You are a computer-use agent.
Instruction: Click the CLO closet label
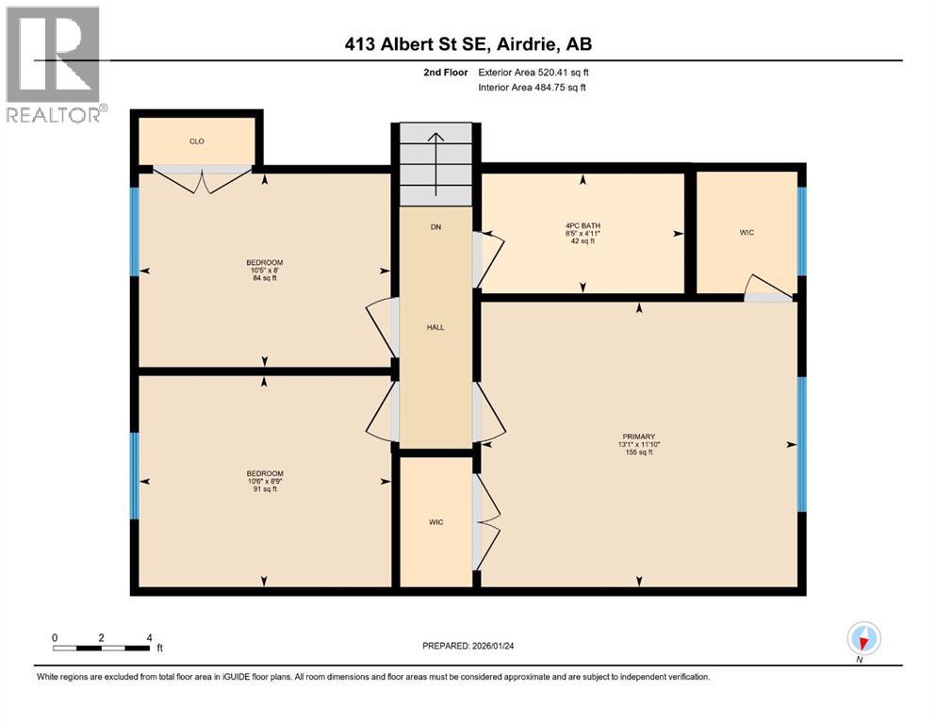[x=196, y=141]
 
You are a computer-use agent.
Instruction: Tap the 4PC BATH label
[x=583, y=225]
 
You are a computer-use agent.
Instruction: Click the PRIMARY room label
[x=637, y=436]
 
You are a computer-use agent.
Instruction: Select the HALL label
[x=435, y=327]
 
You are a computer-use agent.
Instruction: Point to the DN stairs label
[x=435, y=227]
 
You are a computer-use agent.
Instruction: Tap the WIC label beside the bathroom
[x=747, y=232]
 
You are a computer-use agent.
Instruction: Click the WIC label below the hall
[x=435, y=521]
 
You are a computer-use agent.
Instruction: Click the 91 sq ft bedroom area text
[x=265, y=489]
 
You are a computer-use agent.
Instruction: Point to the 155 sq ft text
[x=637, y=452]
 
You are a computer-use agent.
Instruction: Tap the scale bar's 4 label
[x=149, y=637]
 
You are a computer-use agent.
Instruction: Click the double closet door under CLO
[x=202, y=179]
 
